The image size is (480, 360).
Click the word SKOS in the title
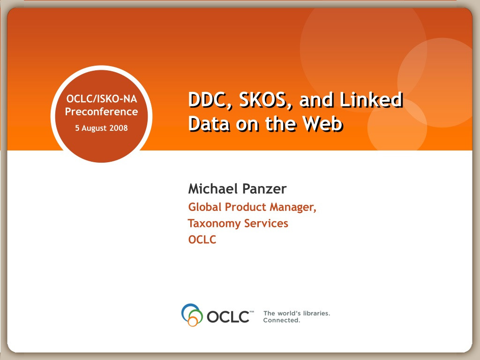[x=265, y=100]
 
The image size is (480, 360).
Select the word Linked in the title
[x=371, y=100]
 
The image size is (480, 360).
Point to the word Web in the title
[x=322, y=123]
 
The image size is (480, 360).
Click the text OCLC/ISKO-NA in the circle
[x=102, y=99]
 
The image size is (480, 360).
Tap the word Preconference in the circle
[x=101, y=112]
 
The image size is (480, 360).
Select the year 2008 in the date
[x=119, y=127]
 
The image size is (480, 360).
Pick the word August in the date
[x=94, y=128]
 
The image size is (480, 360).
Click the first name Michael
[x=212, y=188]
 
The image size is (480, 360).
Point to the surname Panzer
[x=264, y=188]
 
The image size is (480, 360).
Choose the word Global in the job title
[x=205, y=207]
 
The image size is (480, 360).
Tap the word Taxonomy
[x=214, y=224]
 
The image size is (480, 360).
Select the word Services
[x=266, y=223]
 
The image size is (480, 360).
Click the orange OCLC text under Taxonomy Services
[x=202, y=240]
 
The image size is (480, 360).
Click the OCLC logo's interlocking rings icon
[x=192, y=315]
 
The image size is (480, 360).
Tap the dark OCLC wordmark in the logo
[x=228, y=316]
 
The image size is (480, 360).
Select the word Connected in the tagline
[x=282, y=320]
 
